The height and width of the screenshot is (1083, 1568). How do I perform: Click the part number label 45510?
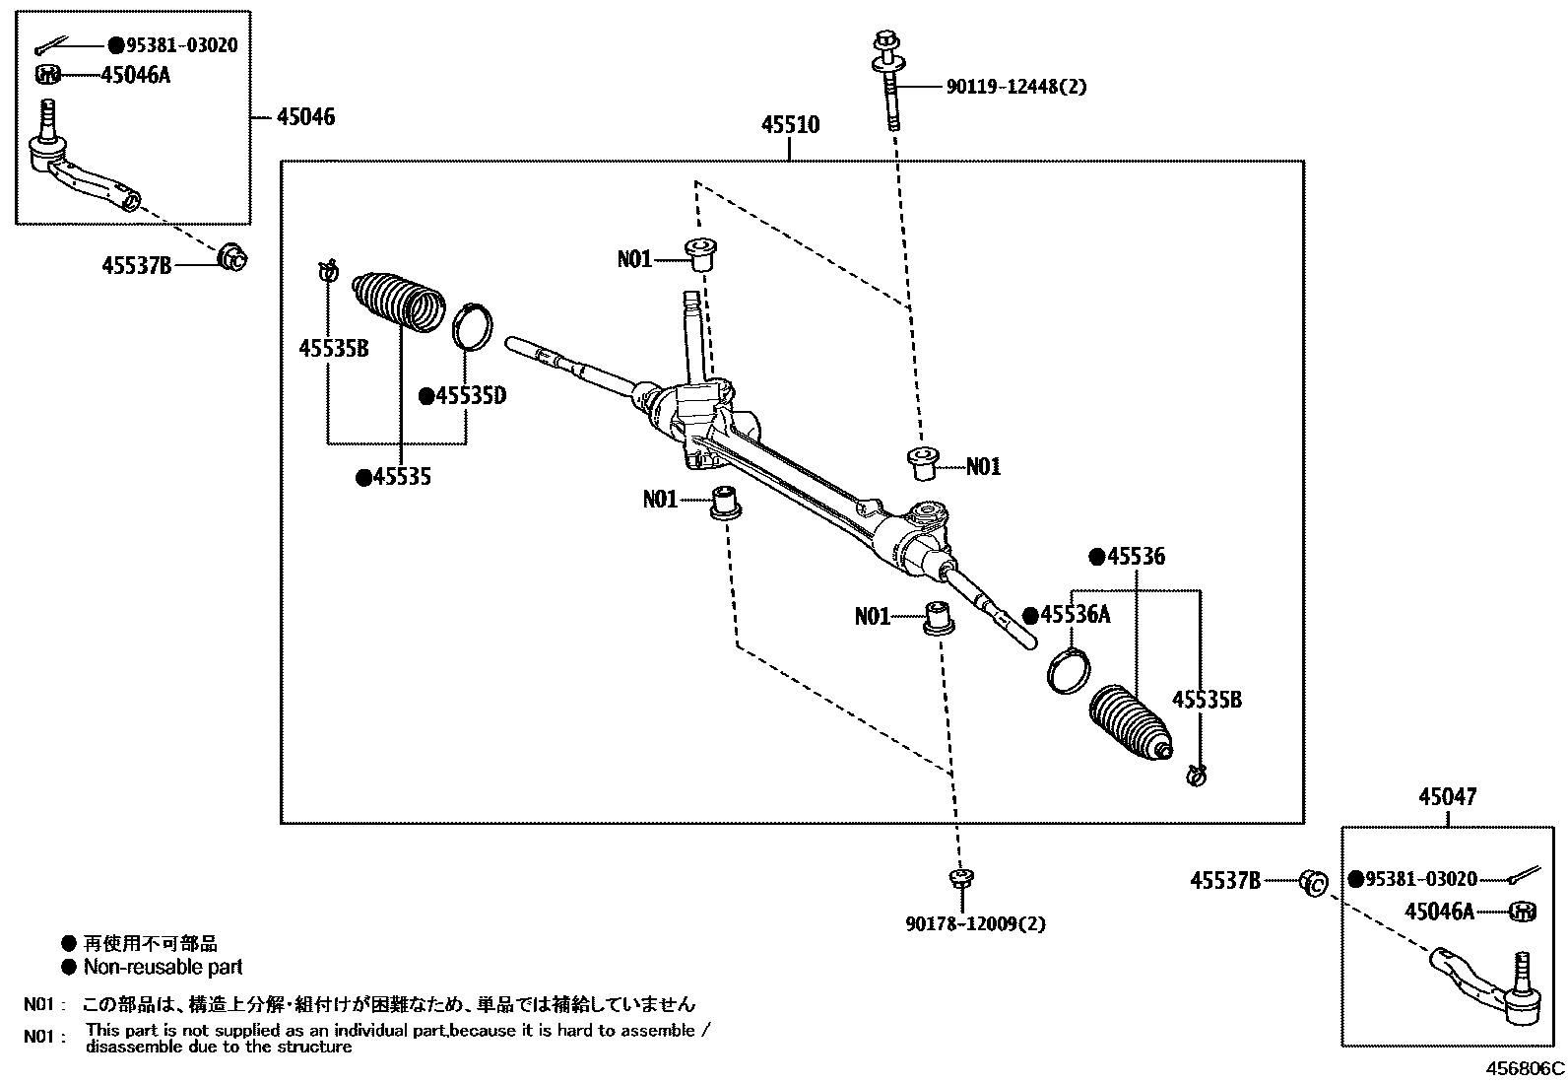click(x=790, y=125)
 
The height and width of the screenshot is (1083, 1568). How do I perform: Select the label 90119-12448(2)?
click(x=1016, y=87)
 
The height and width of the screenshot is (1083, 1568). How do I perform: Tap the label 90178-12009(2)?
click(x=975, y=924)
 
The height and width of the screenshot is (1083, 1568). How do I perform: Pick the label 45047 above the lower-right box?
click(x=1448, y=796)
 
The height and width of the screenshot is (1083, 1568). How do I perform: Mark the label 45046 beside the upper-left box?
click(x=305, y=117)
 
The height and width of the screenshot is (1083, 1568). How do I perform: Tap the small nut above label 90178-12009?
click(x=960, y=876)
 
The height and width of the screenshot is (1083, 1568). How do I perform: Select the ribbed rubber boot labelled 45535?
click(x=399, y=299)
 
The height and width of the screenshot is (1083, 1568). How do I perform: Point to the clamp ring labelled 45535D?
click(x=474, y=327)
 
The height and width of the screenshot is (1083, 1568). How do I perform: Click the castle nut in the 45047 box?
click(x=1523, y=912)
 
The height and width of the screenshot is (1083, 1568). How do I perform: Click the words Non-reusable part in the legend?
click(x=163, y=968)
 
